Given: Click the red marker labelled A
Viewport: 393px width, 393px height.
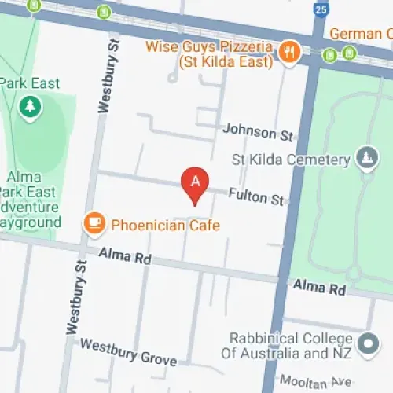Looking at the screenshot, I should [x=196, y=183].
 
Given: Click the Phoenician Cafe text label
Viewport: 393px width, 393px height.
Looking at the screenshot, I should [x=164, y=226].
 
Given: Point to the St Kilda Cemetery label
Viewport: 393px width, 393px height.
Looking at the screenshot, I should [x=290, y=160].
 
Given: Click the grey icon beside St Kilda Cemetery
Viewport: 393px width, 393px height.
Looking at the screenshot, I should [x=365, y=159].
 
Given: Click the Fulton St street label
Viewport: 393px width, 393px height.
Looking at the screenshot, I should [x=256, y=195].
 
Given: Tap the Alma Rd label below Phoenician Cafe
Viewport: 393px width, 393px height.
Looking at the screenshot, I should [x=124, y=255].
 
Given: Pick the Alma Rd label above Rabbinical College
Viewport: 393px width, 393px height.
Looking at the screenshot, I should [x=320, y=288].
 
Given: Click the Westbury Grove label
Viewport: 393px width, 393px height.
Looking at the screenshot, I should [x=128, y=351].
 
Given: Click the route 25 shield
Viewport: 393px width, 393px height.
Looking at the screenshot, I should [x=318, y=9].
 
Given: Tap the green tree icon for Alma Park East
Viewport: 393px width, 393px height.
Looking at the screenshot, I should [x=30, y=107].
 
